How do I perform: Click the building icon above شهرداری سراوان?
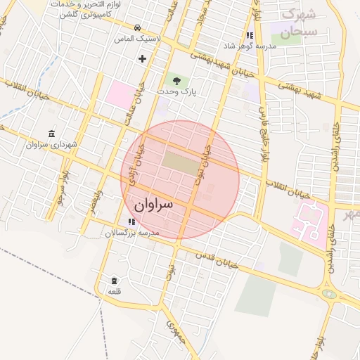pos(51,134)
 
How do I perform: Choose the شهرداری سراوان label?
pos(50,145)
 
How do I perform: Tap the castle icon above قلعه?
pos(114,281)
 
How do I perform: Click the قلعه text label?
pos(114,291)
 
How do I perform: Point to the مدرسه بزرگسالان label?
pos(134,232)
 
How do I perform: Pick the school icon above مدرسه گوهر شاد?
pos(249,35)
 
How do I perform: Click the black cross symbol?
pos(143,58)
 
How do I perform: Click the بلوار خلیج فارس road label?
pos(264,127)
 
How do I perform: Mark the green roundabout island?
pos(328,293)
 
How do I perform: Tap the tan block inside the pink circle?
pos(181,160)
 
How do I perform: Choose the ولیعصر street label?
pos(97,200)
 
